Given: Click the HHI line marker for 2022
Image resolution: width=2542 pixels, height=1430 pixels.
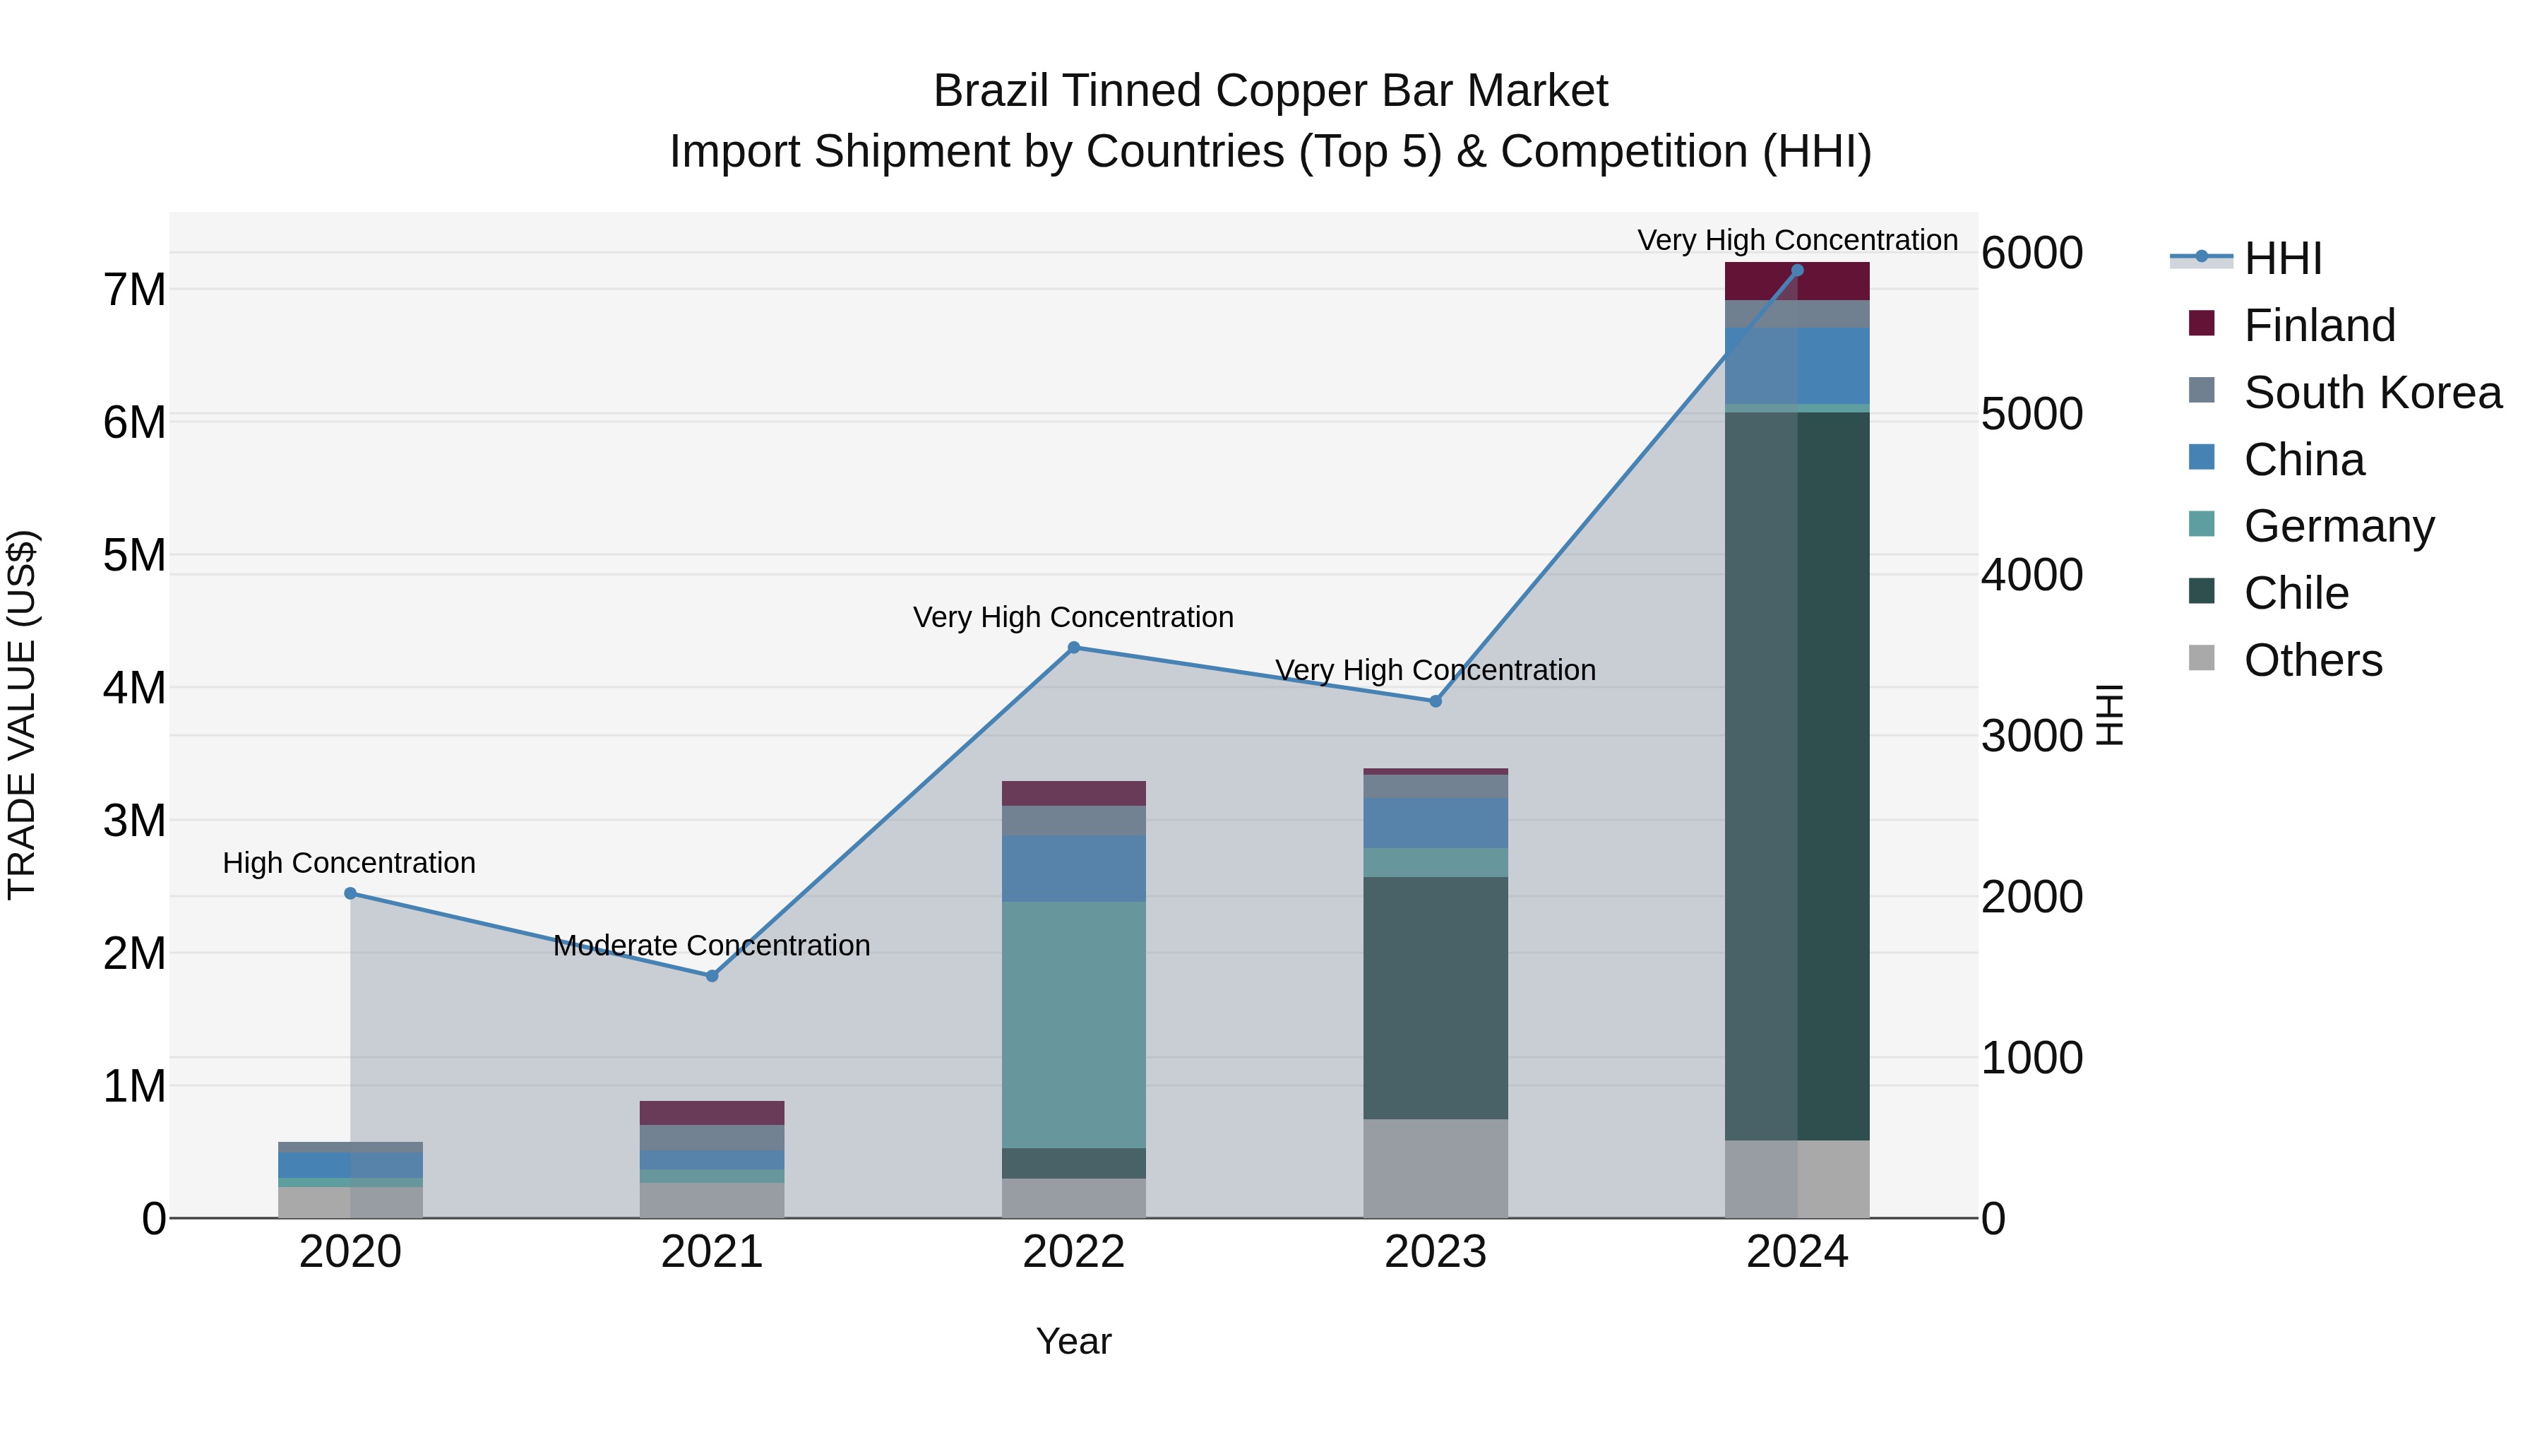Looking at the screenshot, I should coord(1073,648).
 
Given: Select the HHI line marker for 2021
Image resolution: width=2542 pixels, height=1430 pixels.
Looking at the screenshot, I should coord(712,976).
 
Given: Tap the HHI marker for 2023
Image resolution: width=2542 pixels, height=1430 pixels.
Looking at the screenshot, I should coord(1436,702).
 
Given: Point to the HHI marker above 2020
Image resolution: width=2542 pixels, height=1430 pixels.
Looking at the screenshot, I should coord(350,893).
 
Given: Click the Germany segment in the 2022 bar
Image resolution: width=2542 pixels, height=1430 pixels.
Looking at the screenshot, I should coord(1073,1025).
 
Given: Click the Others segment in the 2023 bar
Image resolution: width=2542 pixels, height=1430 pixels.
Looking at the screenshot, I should coord(1436,1169).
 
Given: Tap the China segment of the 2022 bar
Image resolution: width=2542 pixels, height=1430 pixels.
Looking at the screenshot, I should coord(1073,869).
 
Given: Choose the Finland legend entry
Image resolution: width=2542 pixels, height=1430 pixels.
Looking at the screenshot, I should coord(2319,326).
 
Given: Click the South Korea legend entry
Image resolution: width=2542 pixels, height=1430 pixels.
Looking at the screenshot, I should coord(2373,393).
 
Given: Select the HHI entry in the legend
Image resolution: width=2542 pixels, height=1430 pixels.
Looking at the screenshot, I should coord(2282,258).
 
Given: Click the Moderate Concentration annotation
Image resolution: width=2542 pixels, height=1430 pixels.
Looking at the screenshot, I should coord(712,946).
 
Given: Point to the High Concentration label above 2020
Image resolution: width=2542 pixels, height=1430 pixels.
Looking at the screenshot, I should coord(350,862).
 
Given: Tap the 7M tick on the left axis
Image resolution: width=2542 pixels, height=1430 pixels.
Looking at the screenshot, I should coord(134,290).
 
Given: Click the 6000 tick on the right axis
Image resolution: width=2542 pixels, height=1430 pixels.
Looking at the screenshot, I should coord(2031,254).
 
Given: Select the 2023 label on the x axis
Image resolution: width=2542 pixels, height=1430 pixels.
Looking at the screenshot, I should coord(1436,1252).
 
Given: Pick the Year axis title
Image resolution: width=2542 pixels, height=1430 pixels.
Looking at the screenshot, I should coord(1073,1341).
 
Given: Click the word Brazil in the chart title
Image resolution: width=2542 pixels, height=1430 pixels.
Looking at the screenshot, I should coord(991,91).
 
